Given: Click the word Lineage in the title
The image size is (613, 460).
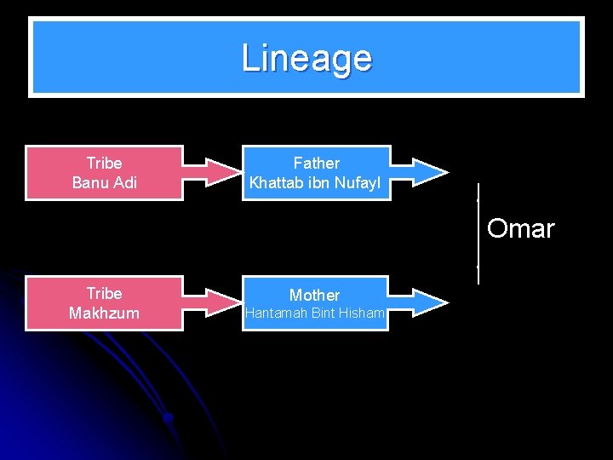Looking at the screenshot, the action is coord(306,58).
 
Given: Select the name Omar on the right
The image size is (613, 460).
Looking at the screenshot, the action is coord(520,228).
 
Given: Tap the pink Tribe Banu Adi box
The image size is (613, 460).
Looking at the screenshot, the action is coord(104,173).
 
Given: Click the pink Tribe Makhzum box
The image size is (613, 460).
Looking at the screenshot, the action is coord(104,303).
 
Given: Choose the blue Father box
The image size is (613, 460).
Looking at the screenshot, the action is coord(317,173).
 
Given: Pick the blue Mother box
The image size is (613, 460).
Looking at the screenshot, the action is coord(315,303).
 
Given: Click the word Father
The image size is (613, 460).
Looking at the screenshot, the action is coord(317,163).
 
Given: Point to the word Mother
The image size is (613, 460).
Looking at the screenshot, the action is coord(315,295).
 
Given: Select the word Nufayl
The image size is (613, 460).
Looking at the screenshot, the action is coord(360,182).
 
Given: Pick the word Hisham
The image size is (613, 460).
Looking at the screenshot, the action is coord(363,313).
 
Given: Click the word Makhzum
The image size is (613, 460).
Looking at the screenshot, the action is coord(104,313).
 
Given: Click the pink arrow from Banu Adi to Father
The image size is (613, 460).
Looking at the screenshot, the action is coord(213,173).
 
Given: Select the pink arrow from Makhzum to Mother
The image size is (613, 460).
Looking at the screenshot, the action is coord(213,303).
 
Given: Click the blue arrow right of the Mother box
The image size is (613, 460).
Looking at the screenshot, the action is coord(419,302).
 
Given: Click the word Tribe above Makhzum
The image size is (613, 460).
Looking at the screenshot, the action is coord(104,293).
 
